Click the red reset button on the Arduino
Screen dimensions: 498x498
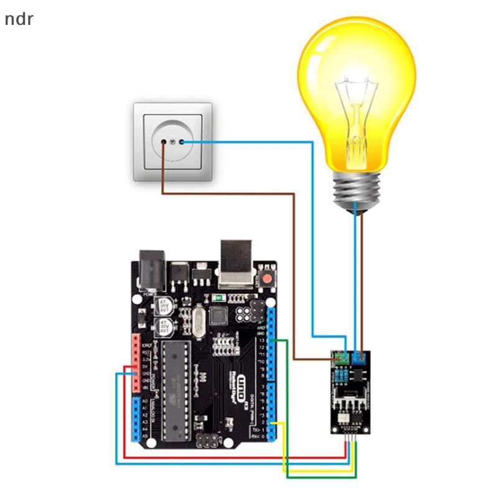click(x=268, y=277)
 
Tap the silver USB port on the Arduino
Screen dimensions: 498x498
click(x=237, y=261)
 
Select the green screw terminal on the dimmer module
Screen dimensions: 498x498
click(x=340, y=358)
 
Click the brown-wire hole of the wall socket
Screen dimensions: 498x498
click(x=164, y=143)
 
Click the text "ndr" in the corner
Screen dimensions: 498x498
click(x=19, y=19)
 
